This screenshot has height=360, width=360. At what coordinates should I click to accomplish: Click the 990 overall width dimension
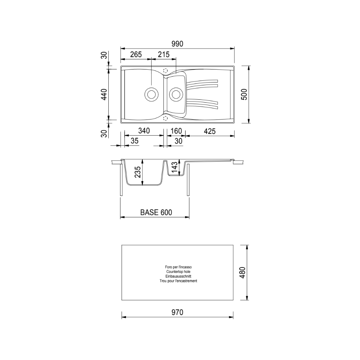click(177, 44)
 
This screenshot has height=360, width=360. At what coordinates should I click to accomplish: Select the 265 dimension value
click(136, 55)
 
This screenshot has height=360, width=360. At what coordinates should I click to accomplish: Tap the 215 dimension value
click(164, 54)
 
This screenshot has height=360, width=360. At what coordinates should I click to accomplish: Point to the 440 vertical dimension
click(104, 94)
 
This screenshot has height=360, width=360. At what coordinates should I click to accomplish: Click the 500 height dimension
click(244, 94)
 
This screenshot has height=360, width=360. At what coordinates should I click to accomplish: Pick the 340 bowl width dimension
click(144, 131)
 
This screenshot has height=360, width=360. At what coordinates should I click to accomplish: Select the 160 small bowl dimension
click(176, 131)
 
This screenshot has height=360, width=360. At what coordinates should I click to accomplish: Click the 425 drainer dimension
click(210, 131)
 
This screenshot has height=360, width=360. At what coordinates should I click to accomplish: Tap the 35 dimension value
click(135, 141)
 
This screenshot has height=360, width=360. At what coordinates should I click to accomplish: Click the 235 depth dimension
click(138, 172)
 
